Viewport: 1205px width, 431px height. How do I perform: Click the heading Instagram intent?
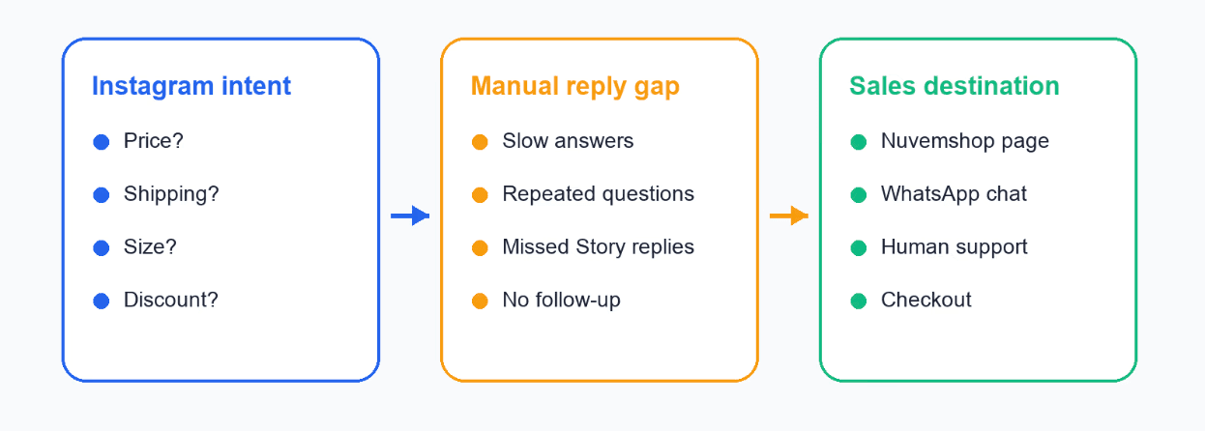pyautogui.click(x=191, y=86)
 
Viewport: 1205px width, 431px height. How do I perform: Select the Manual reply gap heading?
pyautogui.click(x=575, y=87)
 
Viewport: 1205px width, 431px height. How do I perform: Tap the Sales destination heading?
pyautogui.click(x=955, y=86)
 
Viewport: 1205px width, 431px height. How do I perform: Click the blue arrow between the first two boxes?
pyautogui.click(x=410, y=216)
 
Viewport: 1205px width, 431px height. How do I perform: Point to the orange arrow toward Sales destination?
pyautogui.click(x=789, y=216)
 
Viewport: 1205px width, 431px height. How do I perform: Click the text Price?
pyautogui.click(x=154, y=141)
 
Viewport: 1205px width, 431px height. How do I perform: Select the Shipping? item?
pyautogui.click(x=171, y=194)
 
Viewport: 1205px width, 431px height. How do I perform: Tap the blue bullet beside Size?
pyautogui.click(x=102, y=247)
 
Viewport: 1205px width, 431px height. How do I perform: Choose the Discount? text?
pyautogui.click(x=170, y=300)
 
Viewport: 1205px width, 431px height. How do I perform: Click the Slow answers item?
pyautogui.click(x=568, y=141)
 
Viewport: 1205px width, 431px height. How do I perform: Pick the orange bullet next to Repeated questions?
pyautogui.click(x=480, y=194)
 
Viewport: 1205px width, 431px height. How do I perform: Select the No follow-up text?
pyautogui.click(x=561, y=301)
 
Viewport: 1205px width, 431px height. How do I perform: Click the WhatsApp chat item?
pyautogui.click(x=954, y=194)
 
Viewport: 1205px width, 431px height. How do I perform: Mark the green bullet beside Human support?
pyautogui.click(x=859, y=247)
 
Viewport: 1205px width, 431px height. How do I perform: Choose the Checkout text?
pyautogui.click(x=926, y=300)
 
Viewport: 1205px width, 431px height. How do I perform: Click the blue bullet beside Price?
pyautogui.click(x=102, y=142)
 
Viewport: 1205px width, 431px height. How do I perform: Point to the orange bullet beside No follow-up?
pyautogui.click(x=480, y=301)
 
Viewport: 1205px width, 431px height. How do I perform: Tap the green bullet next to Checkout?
pyautogui.click(x=859, y=301)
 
